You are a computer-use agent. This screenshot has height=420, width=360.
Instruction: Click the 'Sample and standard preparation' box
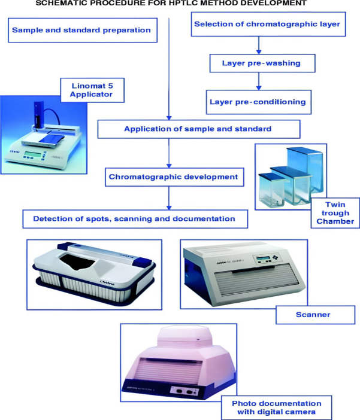pyautogui.click(x=82, y=30)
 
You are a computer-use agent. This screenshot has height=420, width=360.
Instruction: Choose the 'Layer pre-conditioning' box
pyautogui.click(x=258, y=102)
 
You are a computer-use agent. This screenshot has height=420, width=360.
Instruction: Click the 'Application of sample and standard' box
pyautogui.click(x=197, y=129)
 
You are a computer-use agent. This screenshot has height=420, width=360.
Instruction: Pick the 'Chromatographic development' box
pyautogui.click(x=173, y=177)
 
